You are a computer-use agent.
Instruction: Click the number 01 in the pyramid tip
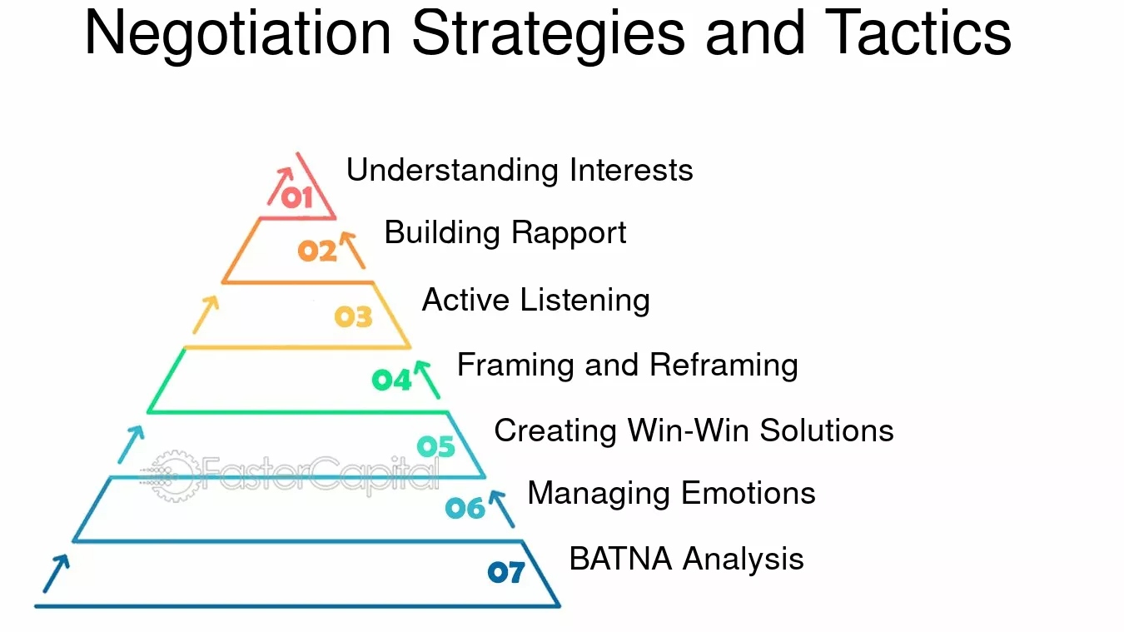[x=297, y=198]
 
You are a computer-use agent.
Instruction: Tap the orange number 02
[x=317, y=251]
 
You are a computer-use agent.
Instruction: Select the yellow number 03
[x=354, y=316]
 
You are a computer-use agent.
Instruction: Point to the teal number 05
[x=436, y=446]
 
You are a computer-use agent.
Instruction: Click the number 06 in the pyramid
[x=465, y=509]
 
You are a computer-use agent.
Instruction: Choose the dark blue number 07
[x=506, y=572]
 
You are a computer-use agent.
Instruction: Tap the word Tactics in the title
[x=918, y=33]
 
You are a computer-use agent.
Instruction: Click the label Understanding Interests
[x=520, y=170]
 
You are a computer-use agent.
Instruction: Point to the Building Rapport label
[x=505, y=233]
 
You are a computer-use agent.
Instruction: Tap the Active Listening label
[x=536, y=301]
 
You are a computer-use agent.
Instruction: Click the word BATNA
[x=621, y=559]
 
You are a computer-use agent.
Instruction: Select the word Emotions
[x=749, y=493]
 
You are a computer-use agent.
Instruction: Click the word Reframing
[x=724, y=366]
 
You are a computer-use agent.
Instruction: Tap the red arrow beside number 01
[x=281, y=187]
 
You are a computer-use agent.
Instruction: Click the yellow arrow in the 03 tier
[x=206, y=314]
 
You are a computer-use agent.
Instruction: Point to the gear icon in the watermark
[x=173, y=476]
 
